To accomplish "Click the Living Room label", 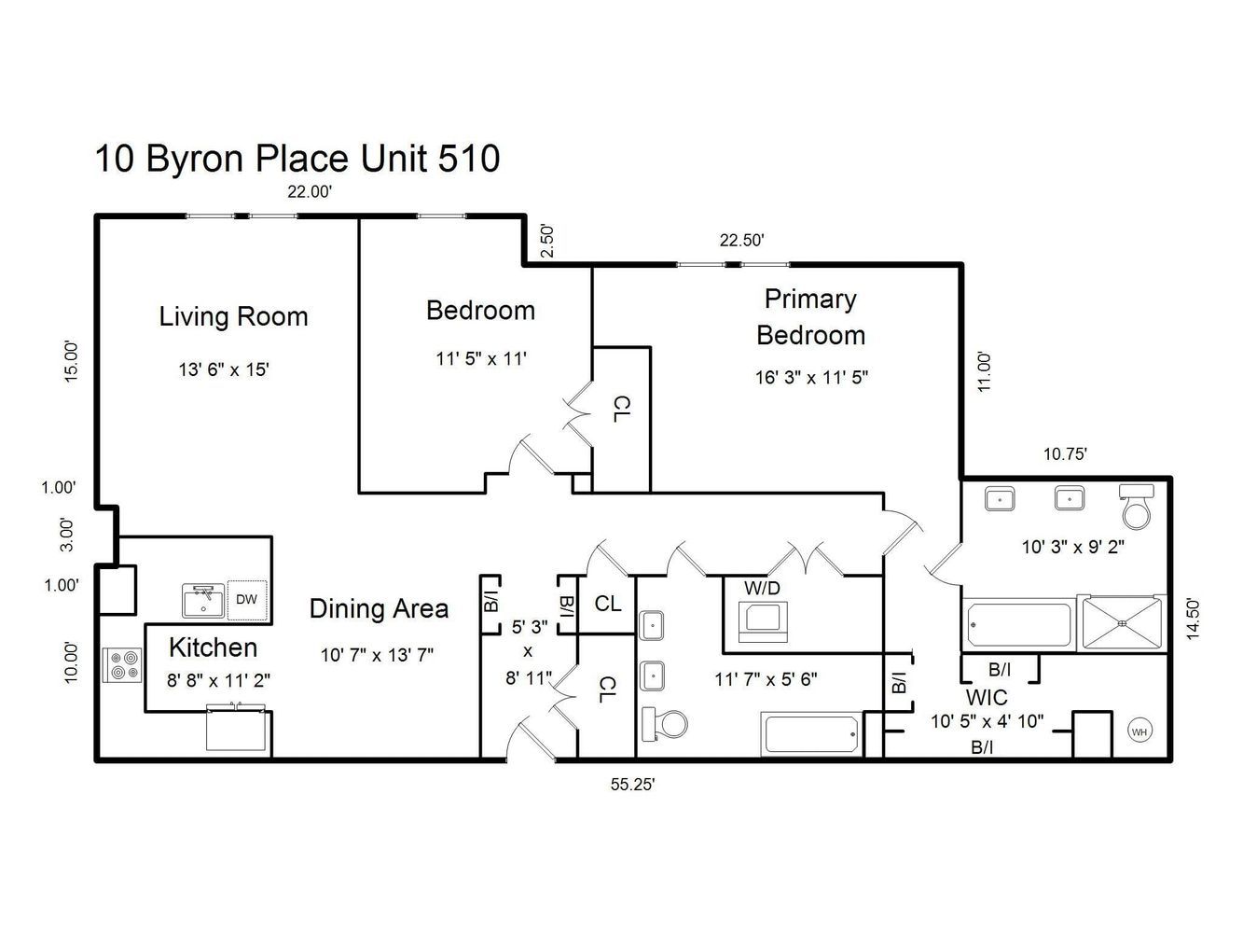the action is coord(233,316).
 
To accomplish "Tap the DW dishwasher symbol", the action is coord(246,599).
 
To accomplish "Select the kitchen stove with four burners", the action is coord(122,664).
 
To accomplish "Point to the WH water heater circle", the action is coord(1139,731).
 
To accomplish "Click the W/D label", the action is coord(762,588).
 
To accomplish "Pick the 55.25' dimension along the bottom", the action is coord(632,784).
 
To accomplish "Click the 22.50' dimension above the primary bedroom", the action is coord(742,240).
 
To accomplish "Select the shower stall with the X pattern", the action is coord(1122,622).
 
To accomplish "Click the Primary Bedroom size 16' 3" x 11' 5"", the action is coord(811,377).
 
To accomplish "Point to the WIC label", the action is coord(987,697).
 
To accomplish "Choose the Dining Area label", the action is coord(379,609).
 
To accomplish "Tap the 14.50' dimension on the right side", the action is coord(1194,619).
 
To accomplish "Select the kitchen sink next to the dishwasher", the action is coord(203,601).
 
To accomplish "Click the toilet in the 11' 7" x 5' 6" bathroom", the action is coord(664,723).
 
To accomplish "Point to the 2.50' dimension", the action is coord(547,242).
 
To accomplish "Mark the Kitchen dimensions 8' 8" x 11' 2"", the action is coord(218,680).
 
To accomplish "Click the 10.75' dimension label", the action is coord(1065,453).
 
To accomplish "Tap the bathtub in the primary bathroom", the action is coord(1019,625).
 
